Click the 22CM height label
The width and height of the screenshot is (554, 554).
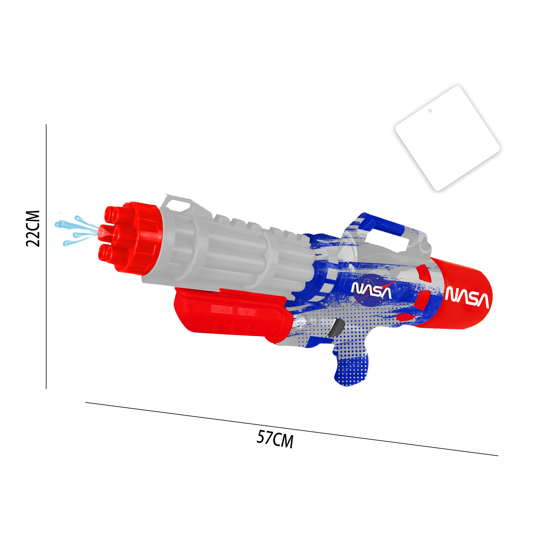pyautogui.click(x=33, y=228)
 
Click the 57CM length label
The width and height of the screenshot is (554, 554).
pyautogui.click(x=275, y=439)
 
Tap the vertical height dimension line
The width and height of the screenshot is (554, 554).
pyautogui.click(x=46, y=256)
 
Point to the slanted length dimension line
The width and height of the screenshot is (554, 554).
pyautogui.click(x=292, y=429)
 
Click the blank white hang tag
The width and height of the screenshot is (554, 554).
pyautogui.click(x=447, y=138)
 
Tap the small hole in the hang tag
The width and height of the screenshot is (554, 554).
pyautogui.click(x=430, y=111)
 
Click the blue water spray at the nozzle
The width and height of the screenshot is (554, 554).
pyautogui.click(x=78, y=230)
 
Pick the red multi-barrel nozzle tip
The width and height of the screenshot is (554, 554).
pyautogui.click(x=130, y=238)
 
